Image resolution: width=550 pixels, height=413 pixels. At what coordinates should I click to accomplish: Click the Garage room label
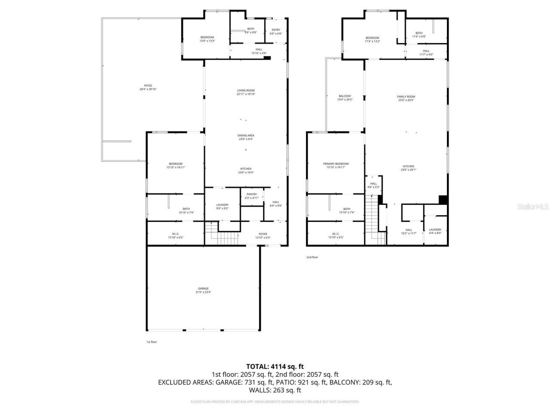(203, 288)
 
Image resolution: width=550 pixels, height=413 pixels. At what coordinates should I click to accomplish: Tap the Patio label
(148, 86)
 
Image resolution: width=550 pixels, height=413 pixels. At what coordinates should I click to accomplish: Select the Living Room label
(246, 90)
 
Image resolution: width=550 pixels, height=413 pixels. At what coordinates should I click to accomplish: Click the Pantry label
(252, 194)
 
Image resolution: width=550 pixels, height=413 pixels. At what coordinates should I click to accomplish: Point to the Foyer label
(263, 234)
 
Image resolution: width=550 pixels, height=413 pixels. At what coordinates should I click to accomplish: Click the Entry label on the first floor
(275, 30)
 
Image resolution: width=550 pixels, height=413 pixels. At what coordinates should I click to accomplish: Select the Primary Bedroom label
(336, 163)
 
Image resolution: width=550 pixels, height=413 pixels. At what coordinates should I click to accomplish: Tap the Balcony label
(345, 96)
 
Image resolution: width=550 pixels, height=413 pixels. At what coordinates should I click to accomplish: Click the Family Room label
(406, 96)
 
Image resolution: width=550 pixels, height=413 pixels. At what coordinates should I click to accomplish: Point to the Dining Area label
(246, 135)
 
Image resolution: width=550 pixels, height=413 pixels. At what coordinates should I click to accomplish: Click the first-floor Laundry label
(222, 205)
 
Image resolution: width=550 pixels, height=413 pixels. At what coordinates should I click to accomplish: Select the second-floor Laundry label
(435, 229)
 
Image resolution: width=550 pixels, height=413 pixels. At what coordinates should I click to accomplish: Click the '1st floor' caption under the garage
(152, 342)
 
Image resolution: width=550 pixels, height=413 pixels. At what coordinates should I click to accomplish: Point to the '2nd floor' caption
(312, 257)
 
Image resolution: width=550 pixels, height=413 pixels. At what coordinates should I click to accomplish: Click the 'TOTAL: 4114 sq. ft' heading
(275, 367)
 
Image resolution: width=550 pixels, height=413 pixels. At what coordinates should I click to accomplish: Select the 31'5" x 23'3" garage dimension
(203, 292)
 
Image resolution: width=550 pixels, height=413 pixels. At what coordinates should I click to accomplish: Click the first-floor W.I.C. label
(176, 234)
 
